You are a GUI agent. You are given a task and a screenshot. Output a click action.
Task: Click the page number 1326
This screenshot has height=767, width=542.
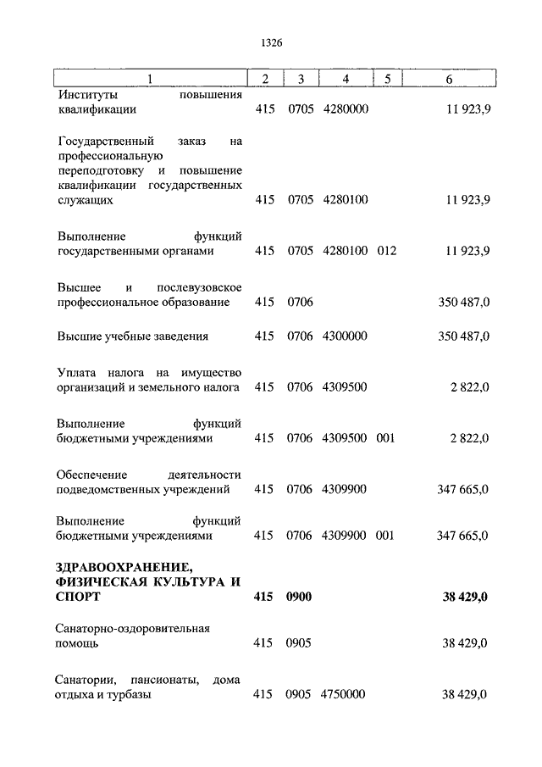coord(270,41)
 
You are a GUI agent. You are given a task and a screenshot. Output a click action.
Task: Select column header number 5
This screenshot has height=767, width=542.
coord(387,79)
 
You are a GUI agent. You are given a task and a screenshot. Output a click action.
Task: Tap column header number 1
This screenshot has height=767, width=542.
coord(150,79)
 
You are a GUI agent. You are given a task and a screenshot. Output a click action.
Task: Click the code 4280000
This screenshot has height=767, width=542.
coord(346,109)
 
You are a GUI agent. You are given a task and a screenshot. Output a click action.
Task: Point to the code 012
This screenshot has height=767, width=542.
coord(386,251)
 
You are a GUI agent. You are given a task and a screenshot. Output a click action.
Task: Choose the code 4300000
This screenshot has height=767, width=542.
coord(346,336)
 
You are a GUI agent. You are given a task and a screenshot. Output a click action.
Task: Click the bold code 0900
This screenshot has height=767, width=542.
coord(300,597)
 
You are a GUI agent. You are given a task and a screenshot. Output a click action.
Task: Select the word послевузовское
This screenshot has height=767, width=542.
coord(201,286)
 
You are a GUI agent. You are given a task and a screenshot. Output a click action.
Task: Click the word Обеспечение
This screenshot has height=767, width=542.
coord(93,474)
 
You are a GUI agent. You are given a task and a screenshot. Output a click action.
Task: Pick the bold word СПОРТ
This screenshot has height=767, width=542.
coord(79,597)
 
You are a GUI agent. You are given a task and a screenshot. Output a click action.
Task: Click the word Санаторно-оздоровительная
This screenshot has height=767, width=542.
coord(133,628)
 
